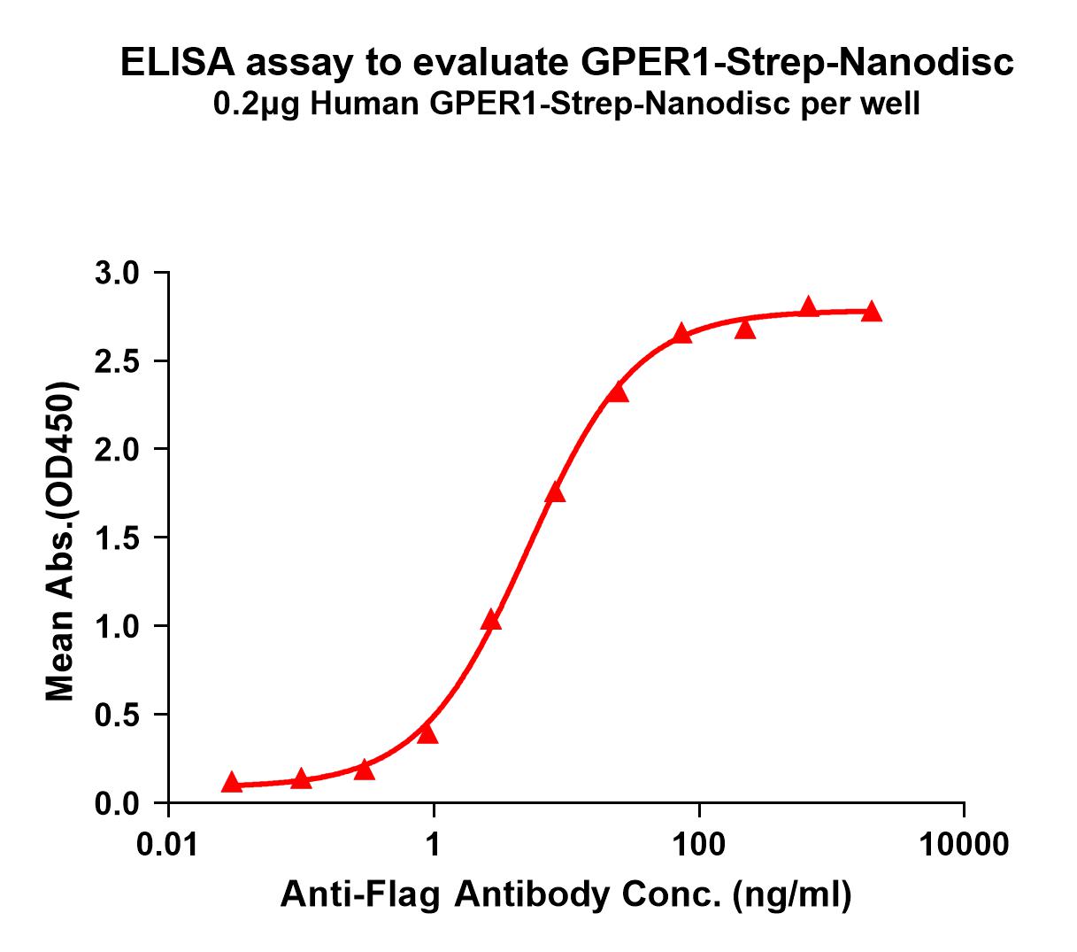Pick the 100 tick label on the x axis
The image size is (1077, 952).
699,844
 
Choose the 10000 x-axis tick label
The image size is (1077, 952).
964,844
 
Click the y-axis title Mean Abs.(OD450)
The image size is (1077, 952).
60,543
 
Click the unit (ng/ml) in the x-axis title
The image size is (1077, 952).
792,895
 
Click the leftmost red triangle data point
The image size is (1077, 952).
232,782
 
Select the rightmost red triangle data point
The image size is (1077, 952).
872,311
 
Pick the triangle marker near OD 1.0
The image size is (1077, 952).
491,621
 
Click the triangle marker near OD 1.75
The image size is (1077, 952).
555,493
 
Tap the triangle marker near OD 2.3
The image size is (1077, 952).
619,392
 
